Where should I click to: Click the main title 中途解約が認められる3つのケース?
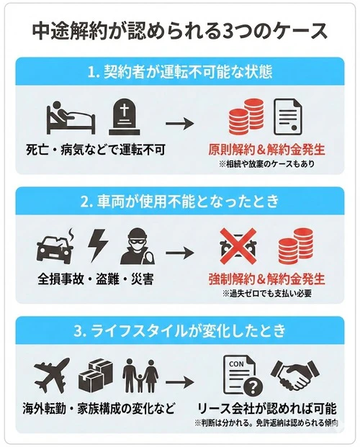coord(180,31)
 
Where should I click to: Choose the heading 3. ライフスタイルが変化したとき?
coord(180,332)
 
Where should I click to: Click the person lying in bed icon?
coord(66,114)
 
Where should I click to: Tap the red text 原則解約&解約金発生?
coord(266,150)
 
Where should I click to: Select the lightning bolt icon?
coord(96,246)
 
